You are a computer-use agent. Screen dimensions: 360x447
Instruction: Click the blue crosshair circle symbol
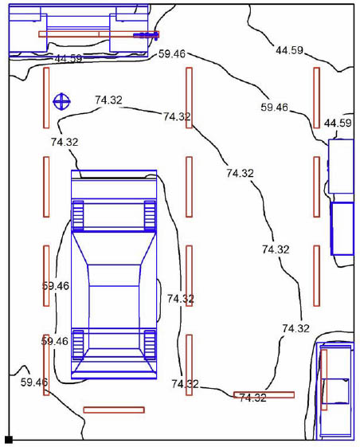61,101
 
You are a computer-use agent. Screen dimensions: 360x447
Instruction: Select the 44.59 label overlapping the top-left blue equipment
68,59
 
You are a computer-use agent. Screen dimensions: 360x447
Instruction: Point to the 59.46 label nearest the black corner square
34,382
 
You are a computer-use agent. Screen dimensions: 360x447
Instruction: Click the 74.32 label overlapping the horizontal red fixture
252,398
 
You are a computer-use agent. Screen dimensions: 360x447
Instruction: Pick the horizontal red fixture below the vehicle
114,410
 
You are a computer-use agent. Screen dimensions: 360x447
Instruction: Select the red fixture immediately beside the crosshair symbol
46,98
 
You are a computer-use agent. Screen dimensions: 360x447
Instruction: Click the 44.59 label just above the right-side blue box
338,124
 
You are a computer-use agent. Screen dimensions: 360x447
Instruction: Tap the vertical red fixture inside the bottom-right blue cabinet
324,380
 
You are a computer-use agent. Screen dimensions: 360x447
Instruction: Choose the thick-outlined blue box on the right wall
342,229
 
